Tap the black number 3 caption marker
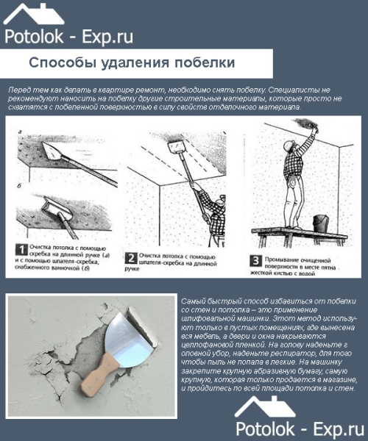(x=254, y=259)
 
